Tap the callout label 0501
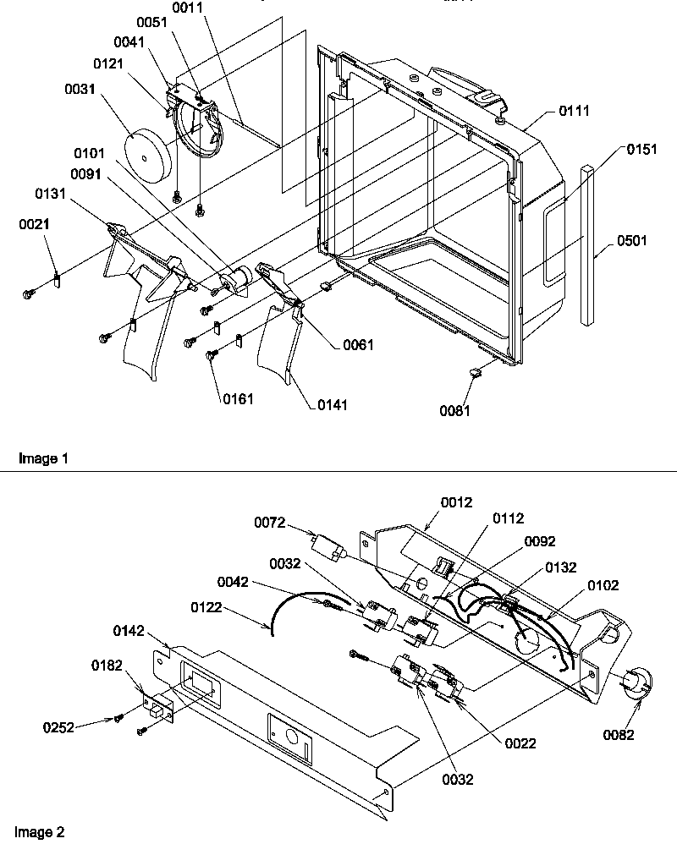click(631, 240)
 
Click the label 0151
click(641, 149)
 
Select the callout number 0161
click(238, 397)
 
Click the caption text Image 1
click(42, 458)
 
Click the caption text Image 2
click(42, 832)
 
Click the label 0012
click(457, 502)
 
